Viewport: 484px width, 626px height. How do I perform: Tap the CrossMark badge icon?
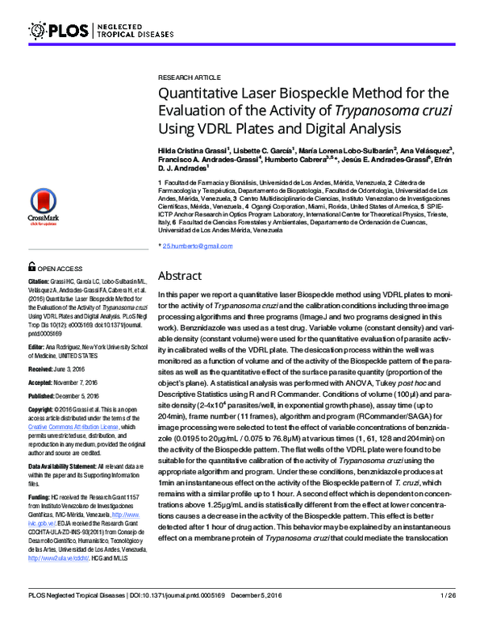[x=43, y=203]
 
